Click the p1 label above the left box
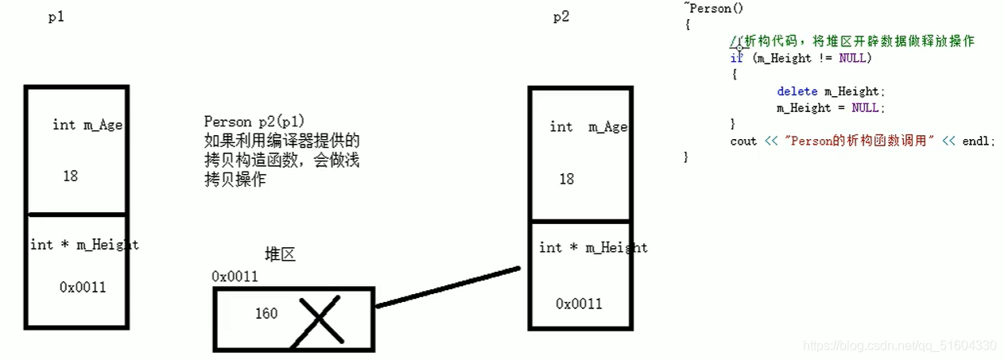[x=56, y=17]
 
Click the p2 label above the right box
[x=561, y=17]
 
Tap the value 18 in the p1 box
[x=71, y=176]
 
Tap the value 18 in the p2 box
[x=566, y=180]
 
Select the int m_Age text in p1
[x=87, y=125]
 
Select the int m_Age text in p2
[x=588, y=127]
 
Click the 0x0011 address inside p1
[x=83, y=288]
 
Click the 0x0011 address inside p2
[x=579, y=304]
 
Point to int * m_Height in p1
[x=83, y=245]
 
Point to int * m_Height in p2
[x=593, y=248]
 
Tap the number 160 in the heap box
[x=266, y=314]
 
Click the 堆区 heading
[x=280, y=254]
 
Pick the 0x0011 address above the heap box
[x=235, y=276]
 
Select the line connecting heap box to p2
[x=447, y=288]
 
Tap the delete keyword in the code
[x=797, y=91]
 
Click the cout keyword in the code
[x=743, y=141]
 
